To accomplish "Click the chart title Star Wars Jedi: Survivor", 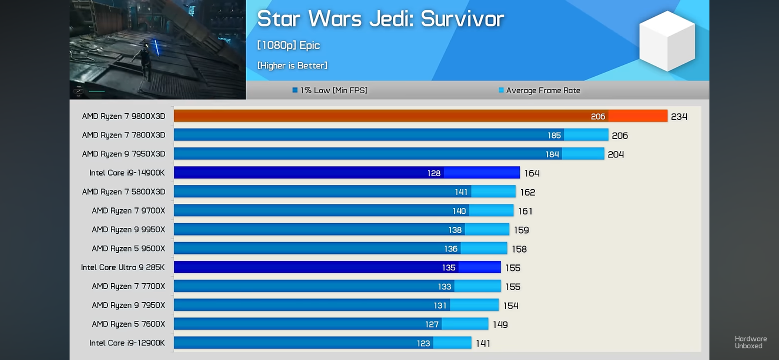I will (x=380, y=19).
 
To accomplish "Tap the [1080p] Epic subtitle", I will (x=288, y=45).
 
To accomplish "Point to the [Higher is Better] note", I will (x=292, y=66).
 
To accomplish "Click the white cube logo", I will (x=667, y=41).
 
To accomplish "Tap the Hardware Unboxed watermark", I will (x=750, y=342).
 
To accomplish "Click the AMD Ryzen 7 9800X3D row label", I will (x=123, y=116).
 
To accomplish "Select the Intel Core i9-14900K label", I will (x=127, y=173).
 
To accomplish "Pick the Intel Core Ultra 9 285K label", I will (x=123, y=267).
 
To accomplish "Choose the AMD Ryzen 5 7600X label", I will (x=128, y=324).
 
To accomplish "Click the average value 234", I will (x=679, y=117).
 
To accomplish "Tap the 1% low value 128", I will (x=434, y=173).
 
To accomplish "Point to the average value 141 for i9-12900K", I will (x=483, y=343).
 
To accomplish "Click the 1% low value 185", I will (x=554, y=135).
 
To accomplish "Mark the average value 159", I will (x=521, y=230).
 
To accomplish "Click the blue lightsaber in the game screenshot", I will (x=157, y=48).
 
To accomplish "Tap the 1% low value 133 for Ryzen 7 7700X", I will (x=444, y=287).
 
